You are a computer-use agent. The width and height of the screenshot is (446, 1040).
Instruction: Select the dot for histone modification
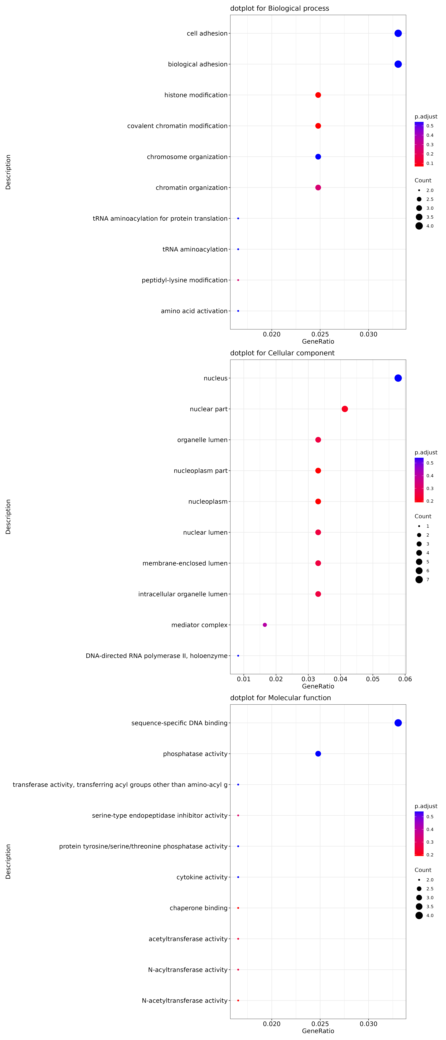point(318,95)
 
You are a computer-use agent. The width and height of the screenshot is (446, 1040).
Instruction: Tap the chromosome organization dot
point(318,157)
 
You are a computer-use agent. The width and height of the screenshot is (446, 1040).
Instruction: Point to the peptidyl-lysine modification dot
point(238,280)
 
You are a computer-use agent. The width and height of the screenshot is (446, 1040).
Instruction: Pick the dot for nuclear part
point(345,409)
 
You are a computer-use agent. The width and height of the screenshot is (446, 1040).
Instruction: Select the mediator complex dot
point(265,625)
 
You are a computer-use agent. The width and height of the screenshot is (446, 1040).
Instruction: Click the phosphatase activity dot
point(318,754)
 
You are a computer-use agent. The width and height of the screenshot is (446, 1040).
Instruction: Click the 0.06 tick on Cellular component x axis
point(405,679)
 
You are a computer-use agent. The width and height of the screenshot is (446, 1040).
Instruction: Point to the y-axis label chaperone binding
point(198,908)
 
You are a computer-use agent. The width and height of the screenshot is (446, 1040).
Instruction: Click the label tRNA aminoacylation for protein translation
point(160,218)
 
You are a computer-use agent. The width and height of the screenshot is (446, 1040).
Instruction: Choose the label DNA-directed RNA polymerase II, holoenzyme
point(156,656)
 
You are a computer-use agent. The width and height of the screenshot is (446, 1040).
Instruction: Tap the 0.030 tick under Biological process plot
point(368,334)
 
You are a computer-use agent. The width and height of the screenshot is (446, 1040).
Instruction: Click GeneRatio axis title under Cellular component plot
point(318,686)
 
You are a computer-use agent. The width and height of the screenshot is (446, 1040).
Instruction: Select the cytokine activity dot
point(238,877)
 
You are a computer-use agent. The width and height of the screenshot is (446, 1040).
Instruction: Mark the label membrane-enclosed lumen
point(185,563)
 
